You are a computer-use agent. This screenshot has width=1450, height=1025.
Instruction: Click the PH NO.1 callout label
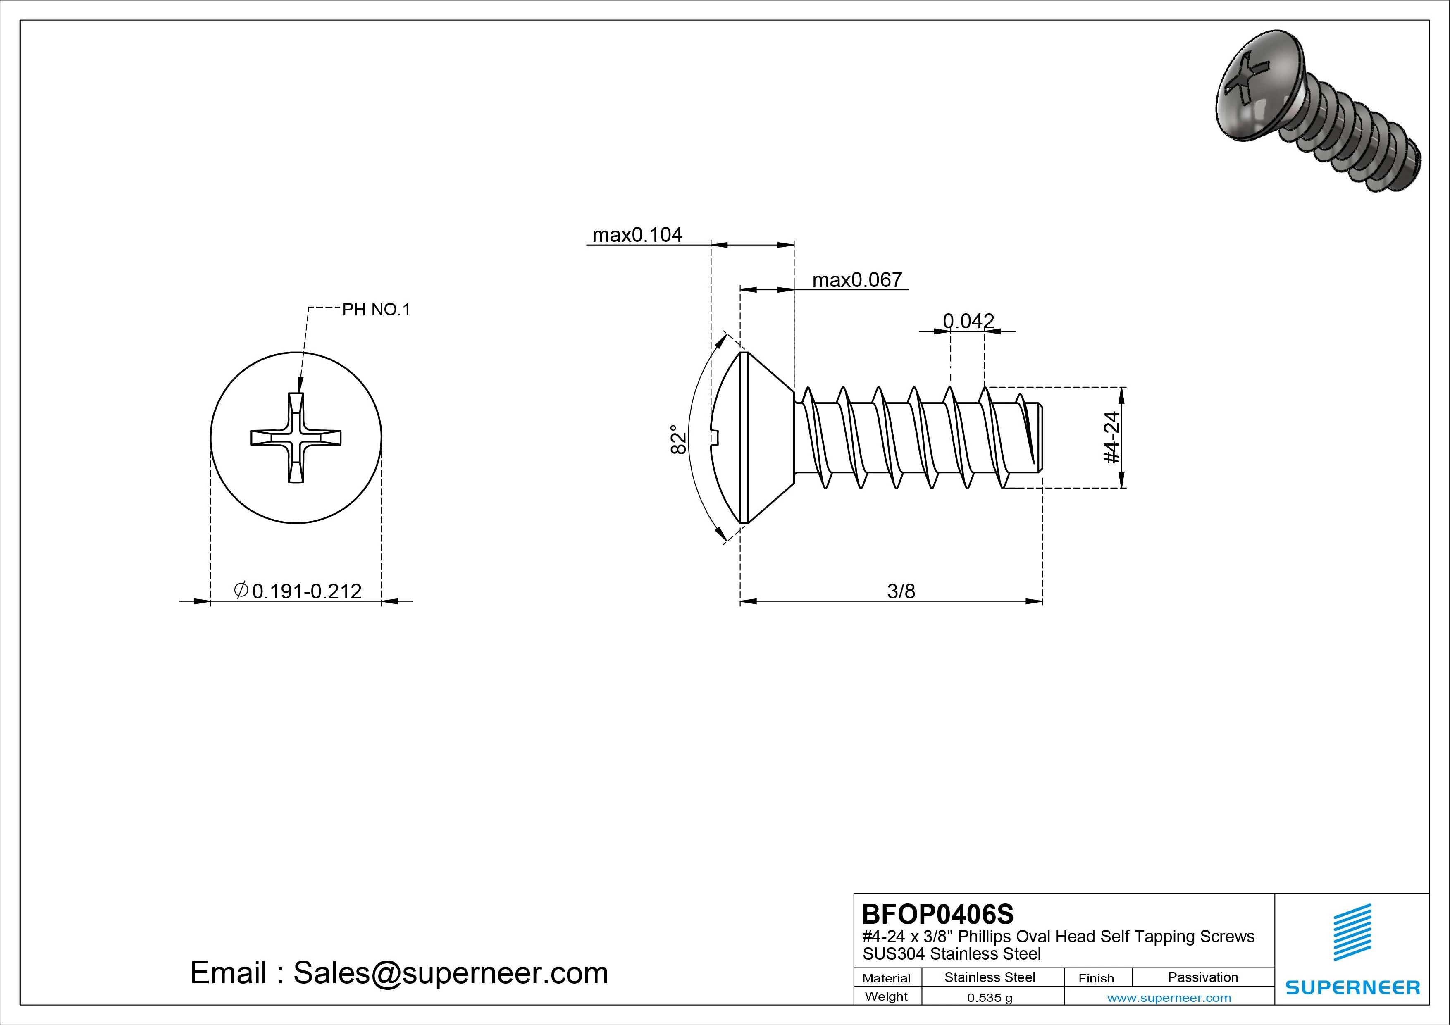[x=376, y=310]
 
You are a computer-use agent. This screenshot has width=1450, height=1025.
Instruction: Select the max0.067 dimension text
[x=857, y=280]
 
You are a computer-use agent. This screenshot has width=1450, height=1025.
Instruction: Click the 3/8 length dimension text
[x=901, y=591]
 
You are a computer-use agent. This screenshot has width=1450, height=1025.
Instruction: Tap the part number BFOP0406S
[x=937, y=914]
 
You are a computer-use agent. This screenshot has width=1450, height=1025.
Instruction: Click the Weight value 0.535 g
[x=989, y=998]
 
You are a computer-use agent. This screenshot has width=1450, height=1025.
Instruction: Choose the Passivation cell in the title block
[x=1202, y=977]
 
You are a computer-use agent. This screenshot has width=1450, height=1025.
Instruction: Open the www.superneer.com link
[x=1169, y=998]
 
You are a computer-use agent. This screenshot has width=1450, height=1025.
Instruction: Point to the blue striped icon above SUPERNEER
[x=1352, y=932]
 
